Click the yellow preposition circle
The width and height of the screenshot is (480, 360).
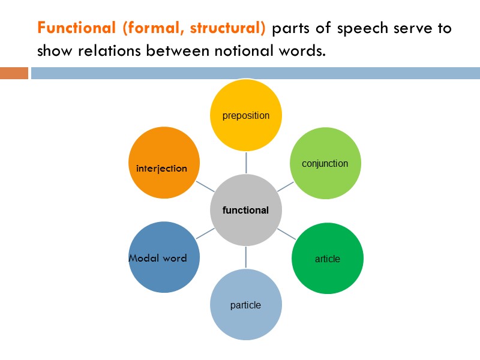click(x=246, y=115)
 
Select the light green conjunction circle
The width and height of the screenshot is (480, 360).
click(x=326, y=163)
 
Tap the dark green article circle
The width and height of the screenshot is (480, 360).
click(x=327, y=259)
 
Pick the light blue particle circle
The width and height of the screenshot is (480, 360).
click(x=245, y=305)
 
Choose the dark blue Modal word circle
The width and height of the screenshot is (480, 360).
click(x=164, y=258)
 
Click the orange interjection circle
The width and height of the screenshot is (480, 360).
click(x=164, y=163)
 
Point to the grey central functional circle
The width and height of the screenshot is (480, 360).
click(x=245, y=210)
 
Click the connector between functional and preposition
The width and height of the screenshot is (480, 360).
click(x=246, y=162)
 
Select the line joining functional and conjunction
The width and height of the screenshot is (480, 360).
click(x=286, y=187)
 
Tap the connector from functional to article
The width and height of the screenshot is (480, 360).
click(x=286, y=233)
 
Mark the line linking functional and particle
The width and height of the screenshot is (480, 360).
click(x=245, y=257)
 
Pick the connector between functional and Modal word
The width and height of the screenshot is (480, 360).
click(x=205, y=234)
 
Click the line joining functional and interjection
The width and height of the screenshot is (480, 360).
click(x=205, y=186)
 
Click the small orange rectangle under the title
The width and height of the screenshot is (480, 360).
click(x=14, y=73)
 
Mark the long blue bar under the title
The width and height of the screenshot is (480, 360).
click(x=255, y=73)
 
